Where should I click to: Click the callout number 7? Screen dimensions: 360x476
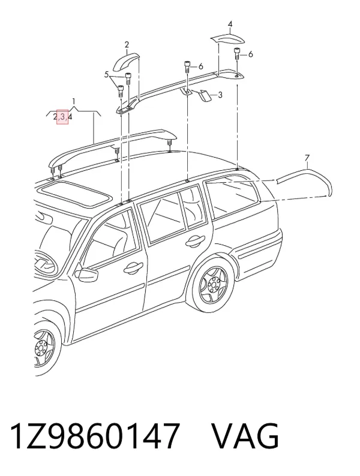[307, 158]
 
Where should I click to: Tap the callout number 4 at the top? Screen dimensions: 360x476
[230, 23]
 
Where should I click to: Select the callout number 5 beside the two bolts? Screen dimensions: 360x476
[106, 74]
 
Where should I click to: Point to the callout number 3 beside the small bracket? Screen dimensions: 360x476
[220, 95]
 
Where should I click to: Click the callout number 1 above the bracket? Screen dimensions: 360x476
[74, 102]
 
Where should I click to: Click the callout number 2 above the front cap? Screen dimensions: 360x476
[127, 45]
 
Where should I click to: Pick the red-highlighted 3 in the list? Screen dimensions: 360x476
[62, 116]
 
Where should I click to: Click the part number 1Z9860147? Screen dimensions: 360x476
[94, 436]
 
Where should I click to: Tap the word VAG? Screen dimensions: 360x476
[245, 436]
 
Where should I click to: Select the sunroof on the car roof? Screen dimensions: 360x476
[76, 194]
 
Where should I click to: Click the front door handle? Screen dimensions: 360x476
[134, 267]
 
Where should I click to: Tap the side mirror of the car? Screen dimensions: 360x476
[86, 274]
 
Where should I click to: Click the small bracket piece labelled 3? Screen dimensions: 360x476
[204, 95]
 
